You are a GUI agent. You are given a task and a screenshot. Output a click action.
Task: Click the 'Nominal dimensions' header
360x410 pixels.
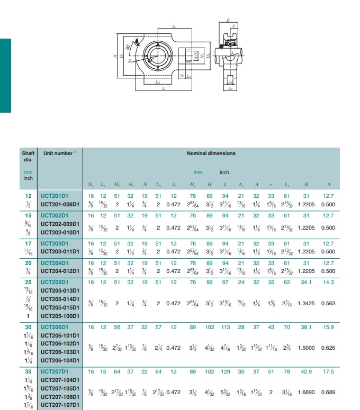(x=211, y=153)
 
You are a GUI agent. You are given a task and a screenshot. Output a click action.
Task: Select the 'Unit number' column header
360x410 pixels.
(x=58, y=153)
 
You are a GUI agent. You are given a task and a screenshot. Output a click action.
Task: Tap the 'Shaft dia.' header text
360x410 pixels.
(x=28, y=156)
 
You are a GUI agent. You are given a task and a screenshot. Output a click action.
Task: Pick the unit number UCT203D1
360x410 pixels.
(x=55, y=243)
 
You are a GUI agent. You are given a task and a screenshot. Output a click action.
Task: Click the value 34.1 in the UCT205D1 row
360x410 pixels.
(x=307, y=283)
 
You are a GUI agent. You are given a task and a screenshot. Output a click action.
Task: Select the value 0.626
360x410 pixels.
(x=329, y=348)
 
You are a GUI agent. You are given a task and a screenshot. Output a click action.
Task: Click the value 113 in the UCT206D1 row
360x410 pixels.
(x=226, y=327)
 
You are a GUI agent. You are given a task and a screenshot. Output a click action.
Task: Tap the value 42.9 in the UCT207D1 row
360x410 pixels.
(x=307, y=372)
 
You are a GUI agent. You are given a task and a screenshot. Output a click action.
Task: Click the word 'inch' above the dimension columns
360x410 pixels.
(x=224, y=172)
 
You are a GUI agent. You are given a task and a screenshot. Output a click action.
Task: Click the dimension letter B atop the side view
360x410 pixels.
(x=228, y=20)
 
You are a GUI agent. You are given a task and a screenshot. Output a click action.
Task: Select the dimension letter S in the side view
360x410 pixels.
(x=234, y=26)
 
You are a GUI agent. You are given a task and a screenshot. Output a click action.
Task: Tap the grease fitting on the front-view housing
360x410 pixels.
(x=137, y=42)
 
